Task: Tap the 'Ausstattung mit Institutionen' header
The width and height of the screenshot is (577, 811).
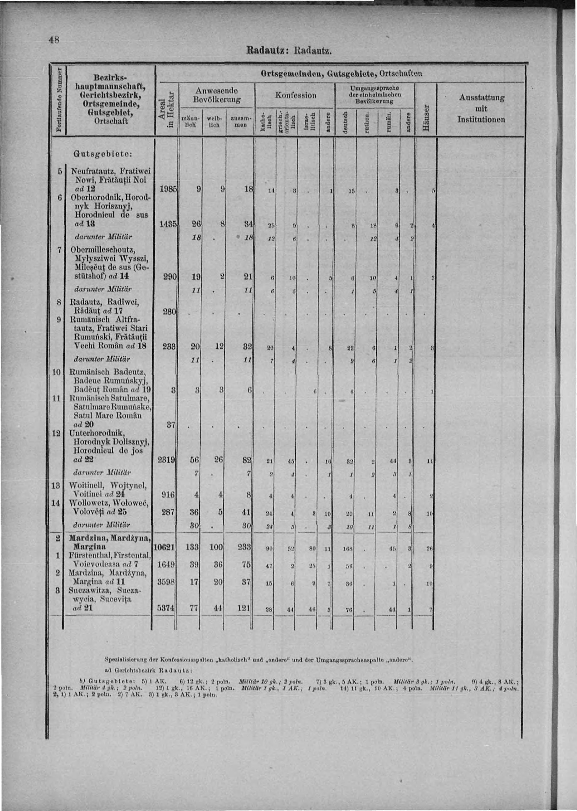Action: click(481, 109)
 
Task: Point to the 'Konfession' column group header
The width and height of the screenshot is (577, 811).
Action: click(296, 95)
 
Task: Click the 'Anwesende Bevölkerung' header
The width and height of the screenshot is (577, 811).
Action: click(216, 95)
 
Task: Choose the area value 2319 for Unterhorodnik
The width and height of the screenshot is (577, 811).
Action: click(167, 460)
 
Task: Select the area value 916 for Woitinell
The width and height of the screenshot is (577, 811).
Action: click(169, 495)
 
